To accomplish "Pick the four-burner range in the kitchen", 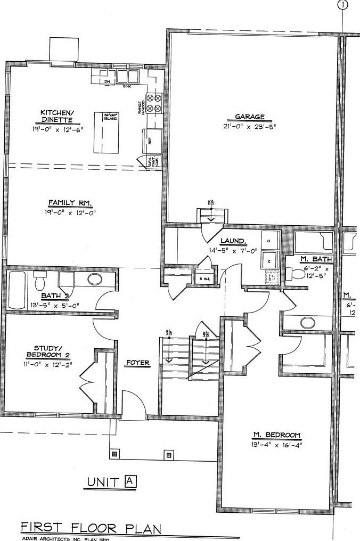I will pyautogui.click(x=154, y=103).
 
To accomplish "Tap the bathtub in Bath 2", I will pyautogui.click(x=17, y=290).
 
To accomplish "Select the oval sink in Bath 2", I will pyautogui.click(x=96, y=279).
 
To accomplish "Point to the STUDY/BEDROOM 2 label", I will pyautogui.click(x=48, y=351).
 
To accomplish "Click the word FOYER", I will pyautogui.click(x=137, y=363).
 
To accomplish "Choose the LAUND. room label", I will pyautogui.click(x=233, y=241).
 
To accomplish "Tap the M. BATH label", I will pyautogui.click(x=316, y=259).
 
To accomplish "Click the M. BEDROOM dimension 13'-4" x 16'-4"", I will pyautogui.click(x=276, y=444).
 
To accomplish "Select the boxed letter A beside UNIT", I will pyautogui.click(x=130, y=481).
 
